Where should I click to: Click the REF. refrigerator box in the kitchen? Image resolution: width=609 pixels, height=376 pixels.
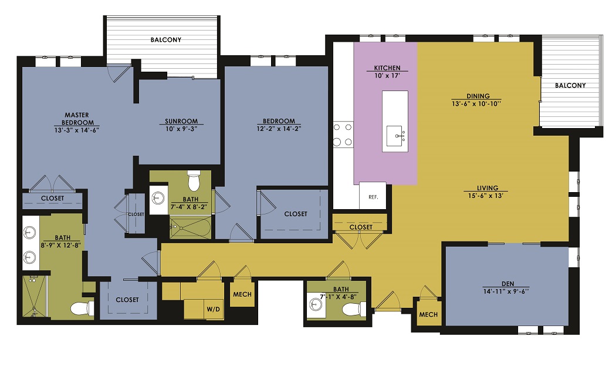pyautogui.click(x=373, y=196)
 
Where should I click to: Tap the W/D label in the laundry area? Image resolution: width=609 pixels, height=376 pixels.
pyautogui.click(x=213, y=309)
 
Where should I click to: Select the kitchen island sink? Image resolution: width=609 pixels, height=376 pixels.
pyautogui.click(x=395, y=136)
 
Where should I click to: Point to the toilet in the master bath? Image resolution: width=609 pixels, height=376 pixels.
pyautogui.click(x=82, y=309)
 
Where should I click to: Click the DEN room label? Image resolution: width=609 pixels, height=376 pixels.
pyautogui.click(x=507, y=284)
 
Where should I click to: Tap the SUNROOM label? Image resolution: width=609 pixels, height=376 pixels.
pyautogui.click(x=181, y=121)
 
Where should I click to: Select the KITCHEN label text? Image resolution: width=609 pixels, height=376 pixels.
pyautogui.click(x=387, y=68)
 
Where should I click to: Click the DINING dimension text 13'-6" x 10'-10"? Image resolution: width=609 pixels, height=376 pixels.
pyautogui.click(x=476, y=104)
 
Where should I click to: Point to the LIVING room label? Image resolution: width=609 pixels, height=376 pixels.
pyautogui.click(x=488, y=188)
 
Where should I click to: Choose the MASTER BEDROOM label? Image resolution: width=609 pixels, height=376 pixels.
pyautogui.click(x=77, y=119)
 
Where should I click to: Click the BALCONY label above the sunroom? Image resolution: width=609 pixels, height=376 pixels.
pyautogui.click(x=166, y=40)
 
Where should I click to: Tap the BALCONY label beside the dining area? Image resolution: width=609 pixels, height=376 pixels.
pyautogui.click(x=570, y=85)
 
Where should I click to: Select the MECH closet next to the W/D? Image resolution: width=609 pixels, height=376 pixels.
pyautogui.click(x=242, y=294)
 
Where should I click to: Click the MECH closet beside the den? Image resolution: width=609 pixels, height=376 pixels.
pyautogui.click(x=428, y=314)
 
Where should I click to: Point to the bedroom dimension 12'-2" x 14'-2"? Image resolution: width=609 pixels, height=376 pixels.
pyautogui.click(x=279, y=129)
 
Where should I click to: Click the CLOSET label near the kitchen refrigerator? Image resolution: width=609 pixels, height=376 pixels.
pyautogui.click(x=361, y=227)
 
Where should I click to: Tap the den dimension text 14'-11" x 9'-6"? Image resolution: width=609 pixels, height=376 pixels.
pyautogui.click(x=506, y=291)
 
